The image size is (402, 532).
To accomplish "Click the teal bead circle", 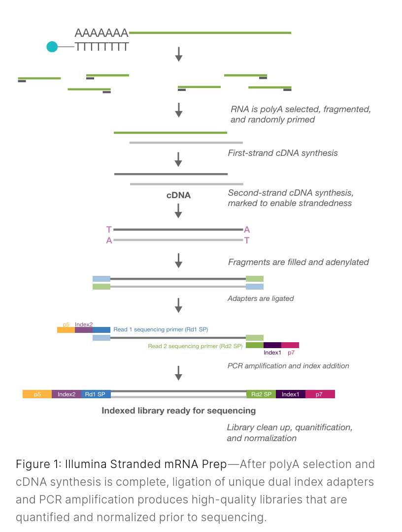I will pyautogui.click(x=52, y=47).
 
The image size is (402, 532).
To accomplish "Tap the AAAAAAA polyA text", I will pyautogui.click(x=101, y=33).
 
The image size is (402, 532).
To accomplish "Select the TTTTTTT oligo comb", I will pyautogui.click(x=102, y=47).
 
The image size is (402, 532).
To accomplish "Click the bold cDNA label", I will pyautogui.click(x=178, y=195).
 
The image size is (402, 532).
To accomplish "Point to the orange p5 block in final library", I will pyautogui.click(x=37, y=394).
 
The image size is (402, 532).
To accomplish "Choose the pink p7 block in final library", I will pyautogui.click(x=320, y=394).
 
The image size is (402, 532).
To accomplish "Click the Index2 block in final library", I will pyautogui.click(x=67, y=394).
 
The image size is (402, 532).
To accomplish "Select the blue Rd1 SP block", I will pyautogui.click(x=96, y=394).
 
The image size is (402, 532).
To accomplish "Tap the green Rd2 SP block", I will pyautogui.click(x=261, y=394).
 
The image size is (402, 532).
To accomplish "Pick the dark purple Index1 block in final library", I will pyautogui.click(x=291, y=394).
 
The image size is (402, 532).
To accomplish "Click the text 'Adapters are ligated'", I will pyautogui.click(x=261, y=298).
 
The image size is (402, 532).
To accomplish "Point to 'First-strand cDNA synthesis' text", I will pyautogui.click(x=283, y=153).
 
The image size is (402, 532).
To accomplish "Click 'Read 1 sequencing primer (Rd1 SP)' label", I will pyautogui.click(x=161, y=329).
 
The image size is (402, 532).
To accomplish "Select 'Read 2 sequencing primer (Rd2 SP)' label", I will pyautogui.click(x=195, y=346).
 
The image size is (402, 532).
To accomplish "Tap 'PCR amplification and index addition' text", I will pyautogui.click(x=288, y=366).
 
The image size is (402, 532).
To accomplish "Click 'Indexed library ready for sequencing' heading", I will pyautogui.click(x=179, y=410).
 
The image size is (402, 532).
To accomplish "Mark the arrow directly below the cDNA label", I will pyautogui.click(x=179, y=211).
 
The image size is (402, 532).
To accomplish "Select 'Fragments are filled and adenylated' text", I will pyautogui.click(x=298, y=262).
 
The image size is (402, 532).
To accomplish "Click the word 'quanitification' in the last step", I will pyautogui.click(x=323, y=427).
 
